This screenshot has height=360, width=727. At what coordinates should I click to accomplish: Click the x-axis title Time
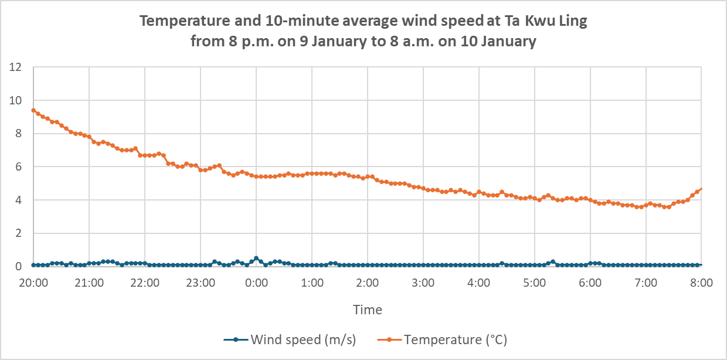pos(367,310)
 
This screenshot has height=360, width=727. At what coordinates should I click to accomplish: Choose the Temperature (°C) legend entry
pos(455,339)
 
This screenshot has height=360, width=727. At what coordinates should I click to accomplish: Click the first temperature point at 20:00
pos(33,110)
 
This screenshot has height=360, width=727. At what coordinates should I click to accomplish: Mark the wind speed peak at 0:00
pos(256,258)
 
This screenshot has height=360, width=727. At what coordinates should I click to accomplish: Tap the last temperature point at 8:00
pos(701,189)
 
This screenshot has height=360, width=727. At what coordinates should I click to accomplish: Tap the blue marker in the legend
pos(235,339)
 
